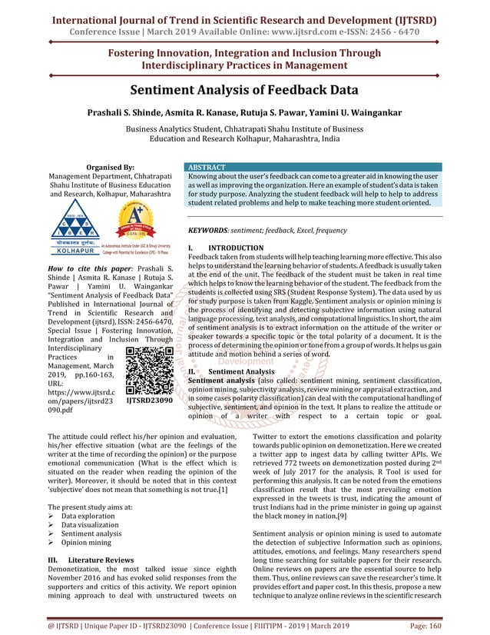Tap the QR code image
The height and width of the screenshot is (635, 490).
pos(149,371)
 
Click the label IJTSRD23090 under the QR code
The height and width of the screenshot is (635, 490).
pos(149,401)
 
